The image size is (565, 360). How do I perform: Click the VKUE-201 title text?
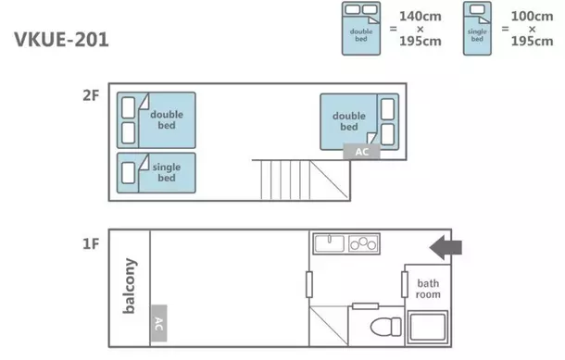tap(61, 40)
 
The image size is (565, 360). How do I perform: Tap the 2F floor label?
tap(91, 95)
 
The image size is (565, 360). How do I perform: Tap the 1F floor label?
tap(91, 244)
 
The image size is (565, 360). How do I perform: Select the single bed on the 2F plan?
tap(156, 173)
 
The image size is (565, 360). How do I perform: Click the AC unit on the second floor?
tap(361, 152)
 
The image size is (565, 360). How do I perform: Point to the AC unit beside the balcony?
tap(159, 323)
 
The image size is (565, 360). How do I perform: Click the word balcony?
tap(130, 286)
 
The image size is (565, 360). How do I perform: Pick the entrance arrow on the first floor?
tap(446, 248)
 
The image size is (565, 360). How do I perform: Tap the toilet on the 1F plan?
tap(385, 327)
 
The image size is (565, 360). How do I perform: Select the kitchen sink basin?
tap(330, 243)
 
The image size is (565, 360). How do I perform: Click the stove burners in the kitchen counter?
tap(363, 243)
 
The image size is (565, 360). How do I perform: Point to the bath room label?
tap(428, 289)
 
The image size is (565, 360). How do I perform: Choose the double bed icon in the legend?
tap(361, 29)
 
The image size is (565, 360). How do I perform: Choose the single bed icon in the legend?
tap(477, 29)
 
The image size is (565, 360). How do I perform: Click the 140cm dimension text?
tap(421, 17)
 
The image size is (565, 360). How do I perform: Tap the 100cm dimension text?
tap(532, 17)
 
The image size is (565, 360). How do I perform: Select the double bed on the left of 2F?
tap(156, 120)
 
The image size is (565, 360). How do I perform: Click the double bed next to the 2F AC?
tap(359, 121)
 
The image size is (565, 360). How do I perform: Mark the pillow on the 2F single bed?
tap(128, 173)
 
